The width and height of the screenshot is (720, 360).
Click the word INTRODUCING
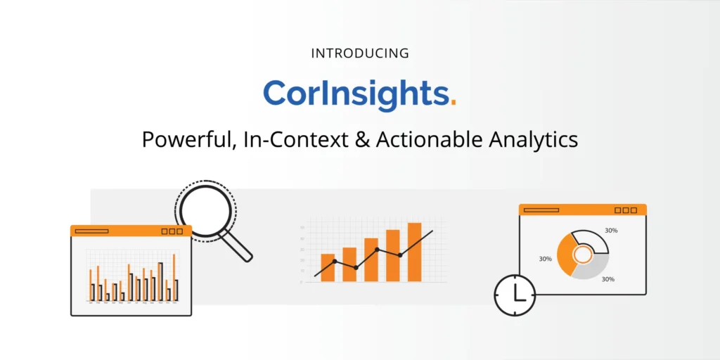click(359, 53)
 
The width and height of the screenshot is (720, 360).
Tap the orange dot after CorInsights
click(453, 103)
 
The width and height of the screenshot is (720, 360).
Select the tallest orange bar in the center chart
click(414, 252)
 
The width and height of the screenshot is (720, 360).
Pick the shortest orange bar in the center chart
click(328, 267)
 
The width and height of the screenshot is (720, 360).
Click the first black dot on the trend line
click(335, 262)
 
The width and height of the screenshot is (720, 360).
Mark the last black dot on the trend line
click(400, 255)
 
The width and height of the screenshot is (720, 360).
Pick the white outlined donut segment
click(595, 240)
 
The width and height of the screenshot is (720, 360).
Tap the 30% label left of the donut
click(545, 259)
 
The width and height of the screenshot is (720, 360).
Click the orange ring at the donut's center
click(583, 254)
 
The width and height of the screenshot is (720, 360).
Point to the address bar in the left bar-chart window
click(91, 231)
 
